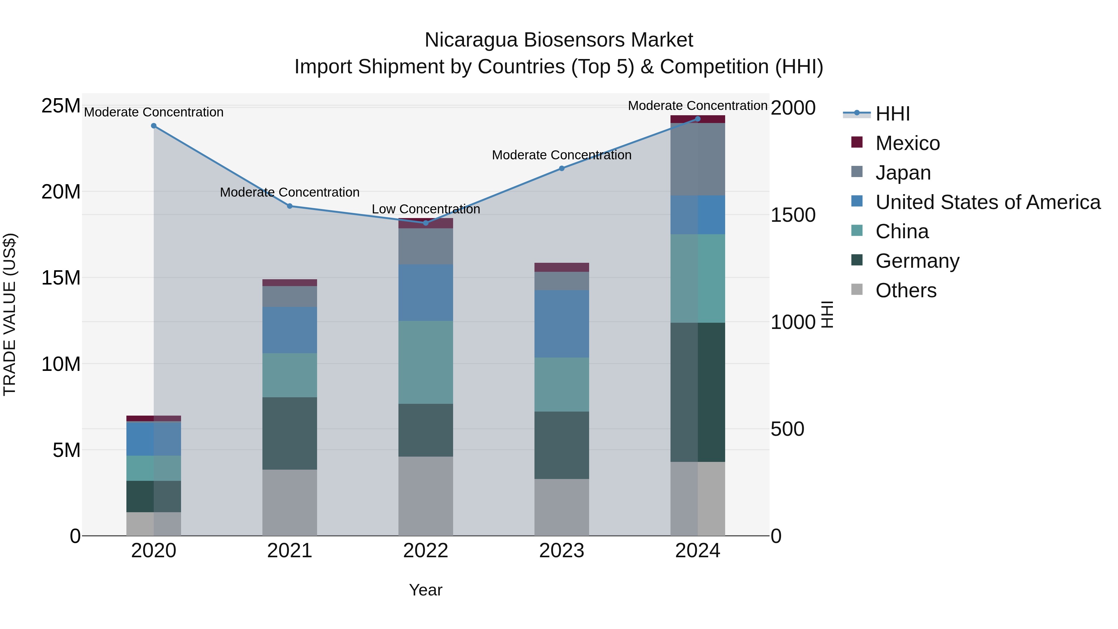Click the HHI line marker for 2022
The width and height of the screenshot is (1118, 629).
point(425,223)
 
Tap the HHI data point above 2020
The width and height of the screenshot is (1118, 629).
point(154,126)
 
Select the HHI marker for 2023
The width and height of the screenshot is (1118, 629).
point(561,168)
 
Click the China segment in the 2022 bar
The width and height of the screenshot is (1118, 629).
point(425,362)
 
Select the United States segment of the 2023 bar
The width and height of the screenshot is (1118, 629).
point(561,324)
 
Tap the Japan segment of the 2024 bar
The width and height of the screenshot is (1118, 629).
point(698,159)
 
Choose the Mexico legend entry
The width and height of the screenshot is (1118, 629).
point(907,143)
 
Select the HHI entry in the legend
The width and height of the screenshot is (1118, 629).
point(892,114)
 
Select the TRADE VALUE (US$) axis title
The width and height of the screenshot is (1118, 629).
point(10,314)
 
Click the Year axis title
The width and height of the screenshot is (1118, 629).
point(425,590)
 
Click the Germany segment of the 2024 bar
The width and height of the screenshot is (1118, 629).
point(698,392)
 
